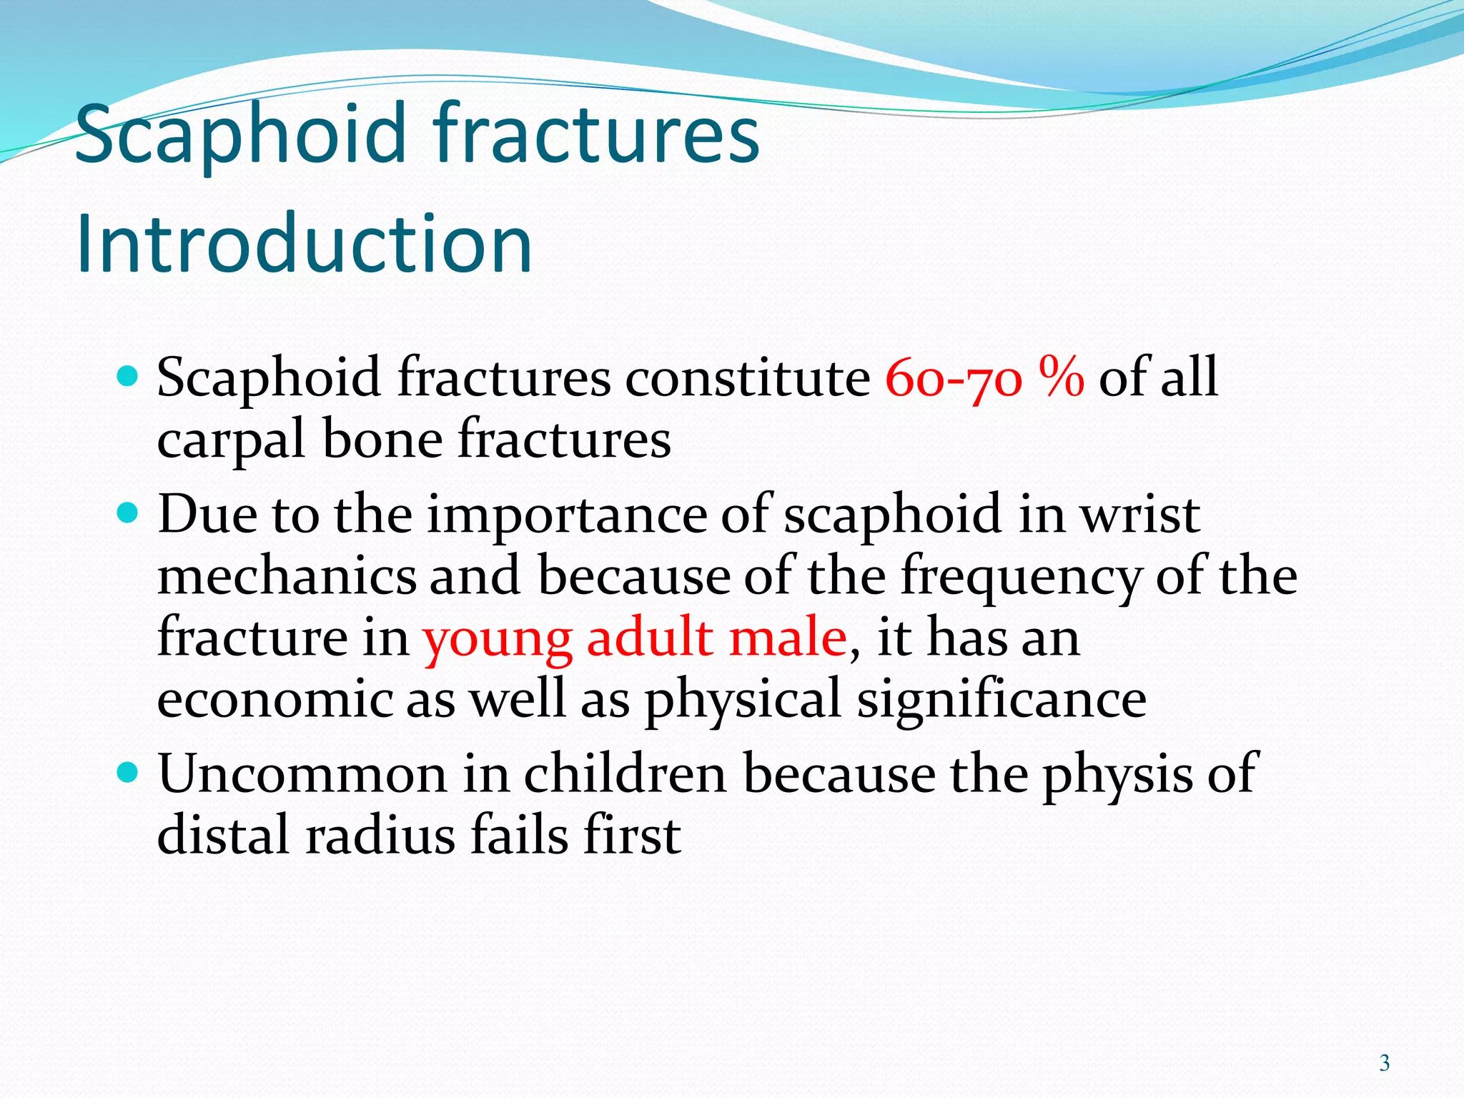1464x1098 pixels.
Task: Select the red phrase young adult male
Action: point(635,638)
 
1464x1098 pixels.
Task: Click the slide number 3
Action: point(1385,1063)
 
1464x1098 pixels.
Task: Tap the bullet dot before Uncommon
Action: point(126,772)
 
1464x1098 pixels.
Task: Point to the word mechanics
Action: point(286,576)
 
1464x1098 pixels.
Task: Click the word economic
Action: point(274,699)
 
